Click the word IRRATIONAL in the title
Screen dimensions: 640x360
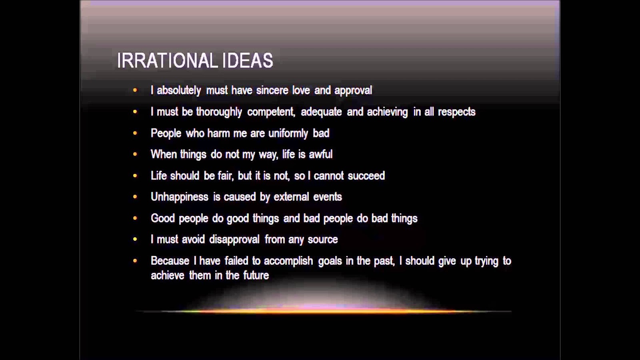[x=168, y=60]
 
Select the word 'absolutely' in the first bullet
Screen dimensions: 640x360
[x=179, y=90]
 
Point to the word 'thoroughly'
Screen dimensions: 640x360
[x=219, y=112]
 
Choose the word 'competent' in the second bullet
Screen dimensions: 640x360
[x=271, y=112]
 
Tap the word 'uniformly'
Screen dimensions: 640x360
[x=288, y=134]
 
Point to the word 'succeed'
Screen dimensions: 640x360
[x=366, y=176]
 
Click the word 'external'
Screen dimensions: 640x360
[x=291, y=197]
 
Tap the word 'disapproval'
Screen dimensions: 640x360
[x=234, y=240]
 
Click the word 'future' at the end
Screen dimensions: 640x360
[x=256, y=276]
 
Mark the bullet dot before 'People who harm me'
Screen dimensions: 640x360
[x=135, y=133]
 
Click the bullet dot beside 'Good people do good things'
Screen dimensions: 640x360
[x=135, y=218]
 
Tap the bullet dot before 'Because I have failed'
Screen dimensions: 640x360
[x=135, y=260]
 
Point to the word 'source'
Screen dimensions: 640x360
[x=323, y=240]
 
